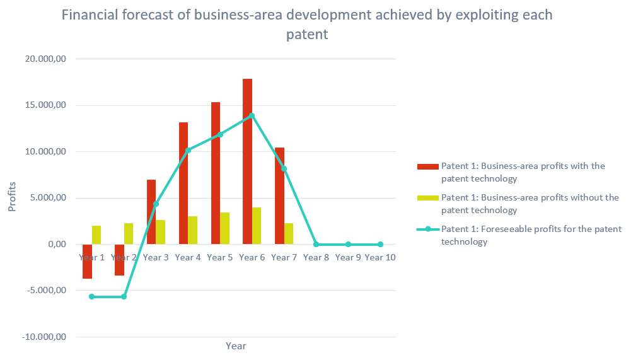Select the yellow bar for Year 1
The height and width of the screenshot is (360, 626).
(x=96, y=235)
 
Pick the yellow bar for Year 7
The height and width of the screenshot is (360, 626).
(x=289, y=233)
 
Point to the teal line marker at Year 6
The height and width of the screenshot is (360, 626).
(x=252, y=115)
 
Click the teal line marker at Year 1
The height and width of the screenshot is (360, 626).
(x=92, y=296)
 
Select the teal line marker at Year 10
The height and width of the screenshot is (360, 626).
(x=380, y=245)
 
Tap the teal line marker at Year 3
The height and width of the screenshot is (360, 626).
(x=156, y=204)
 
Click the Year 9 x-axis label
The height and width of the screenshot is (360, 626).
(x=348, y=257)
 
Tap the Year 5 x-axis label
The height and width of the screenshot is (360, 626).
(x=220, y=257)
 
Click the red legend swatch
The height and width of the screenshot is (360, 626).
(x=428, y=166)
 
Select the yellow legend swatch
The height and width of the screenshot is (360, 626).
(x=428, y=198)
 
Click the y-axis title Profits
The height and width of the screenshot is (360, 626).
(x=12, y=197)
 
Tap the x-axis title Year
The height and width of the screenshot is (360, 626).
(x=236, y=346)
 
